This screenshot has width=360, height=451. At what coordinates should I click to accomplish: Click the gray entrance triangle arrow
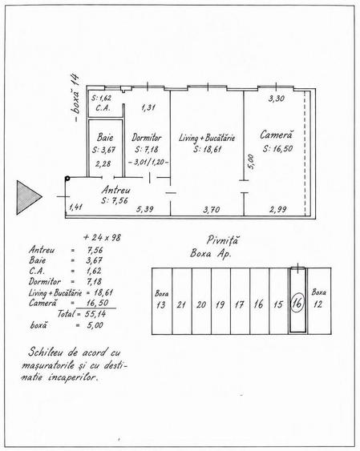28,197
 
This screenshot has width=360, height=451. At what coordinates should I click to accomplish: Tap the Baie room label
105,137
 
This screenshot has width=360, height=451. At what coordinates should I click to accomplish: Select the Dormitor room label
147,138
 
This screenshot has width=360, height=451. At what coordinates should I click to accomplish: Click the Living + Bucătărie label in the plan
207,138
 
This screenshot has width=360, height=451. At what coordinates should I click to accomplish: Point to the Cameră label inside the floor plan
277,135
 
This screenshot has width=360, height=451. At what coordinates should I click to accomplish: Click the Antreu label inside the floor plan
115,190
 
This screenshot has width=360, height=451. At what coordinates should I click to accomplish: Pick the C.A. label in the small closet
103,108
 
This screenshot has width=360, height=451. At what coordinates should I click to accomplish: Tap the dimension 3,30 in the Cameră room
277,99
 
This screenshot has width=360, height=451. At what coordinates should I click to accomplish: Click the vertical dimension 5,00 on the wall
251,162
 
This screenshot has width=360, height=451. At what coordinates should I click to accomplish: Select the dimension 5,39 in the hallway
145,209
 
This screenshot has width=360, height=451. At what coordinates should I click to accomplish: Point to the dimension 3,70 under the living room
211,210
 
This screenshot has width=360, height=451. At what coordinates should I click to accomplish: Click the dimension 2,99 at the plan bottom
278,209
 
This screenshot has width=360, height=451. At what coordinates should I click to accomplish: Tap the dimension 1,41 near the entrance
76,207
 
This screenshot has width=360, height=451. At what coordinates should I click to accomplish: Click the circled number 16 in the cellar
297,303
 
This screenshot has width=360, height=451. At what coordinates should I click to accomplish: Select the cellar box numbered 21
182,301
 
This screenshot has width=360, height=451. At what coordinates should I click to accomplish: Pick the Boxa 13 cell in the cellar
162,301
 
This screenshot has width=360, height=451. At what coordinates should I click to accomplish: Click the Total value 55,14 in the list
95,314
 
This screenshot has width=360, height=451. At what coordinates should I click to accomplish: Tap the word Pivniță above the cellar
222,240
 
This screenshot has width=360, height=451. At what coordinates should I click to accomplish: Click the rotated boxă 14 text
75,98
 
